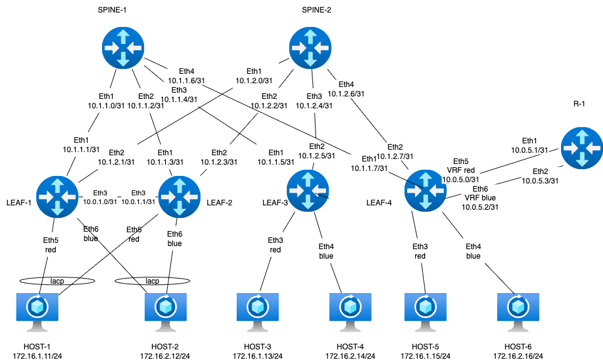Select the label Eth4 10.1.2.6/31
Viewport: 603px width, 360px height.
pyautogui.click(x=346, y=89)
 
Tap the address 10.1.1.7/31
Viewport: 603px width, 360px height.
pyautogui.click(x=369, y=168)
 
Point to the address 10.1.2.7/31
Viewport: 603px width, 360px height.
pyautogui.click(x=395, y=156)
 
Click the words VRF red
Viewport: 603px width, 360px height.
pyautogui.click(x=461, y=170)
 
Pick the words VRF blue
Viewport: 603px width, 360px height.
pyautogui.click(x=480, y=198)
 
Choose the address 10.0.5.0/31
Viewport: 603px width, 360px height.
pyautogui.click(x=461, y=178)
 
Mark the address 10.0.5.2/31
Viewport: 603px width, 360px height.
pyautogui.click(x=480, y=207)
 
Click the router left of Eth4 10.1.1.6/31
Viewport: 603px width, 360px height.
pyautogui.click(x=123, y=47)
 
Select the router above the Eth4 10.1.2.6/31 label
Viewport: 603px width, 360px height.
pyautogui.click(x=311, y=48)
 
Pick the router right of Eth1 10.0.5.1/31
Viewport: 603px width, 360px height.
pyautogui.click(x=582, y=148)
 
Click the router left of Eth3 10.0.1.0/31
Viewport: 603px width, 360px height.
pyautogui.click(x=57, y=197)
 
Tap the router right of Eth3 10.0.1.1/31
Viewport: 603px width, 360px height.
pyautogui.click(x=180, y=197)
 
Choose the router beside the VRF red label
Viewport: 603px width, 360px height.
pyautogui.click(x=425, y=190)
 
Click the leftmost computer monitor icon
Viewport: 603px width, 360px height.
pyautogui.click(x=38, y=311)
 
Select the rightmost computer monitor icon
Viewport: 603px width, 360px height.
pyautogui.click(x=518, y=311)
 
